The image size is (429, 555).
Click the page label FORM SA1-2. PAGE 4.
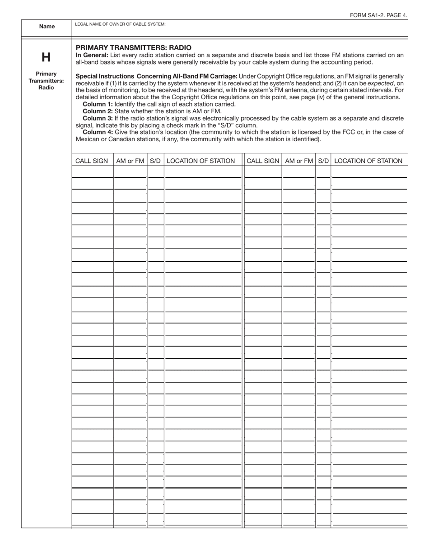[378, 15]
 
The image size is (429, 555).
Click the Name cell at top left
[47, 27]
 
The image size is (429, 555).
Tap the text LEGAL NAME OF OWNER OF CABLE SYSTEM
[120, 24]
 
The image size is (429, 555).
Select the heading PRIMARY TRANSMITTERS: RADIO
[134, 47]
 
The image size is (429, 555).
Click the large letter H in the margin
[46, 57]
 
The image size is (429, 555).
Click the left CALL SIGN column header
[92, 161]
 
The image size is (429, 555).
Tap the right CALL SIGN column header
[263, 161]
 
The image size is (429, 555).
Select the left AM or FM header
[130, 161]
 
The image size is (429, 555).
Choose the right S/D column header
[323, 161]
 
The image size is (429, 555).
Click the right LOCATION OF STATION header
[368, 161]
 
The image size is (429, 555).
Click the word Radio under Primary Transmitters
[46, 88]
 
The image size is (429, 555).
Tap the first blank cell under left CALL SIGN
[93, 172]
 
